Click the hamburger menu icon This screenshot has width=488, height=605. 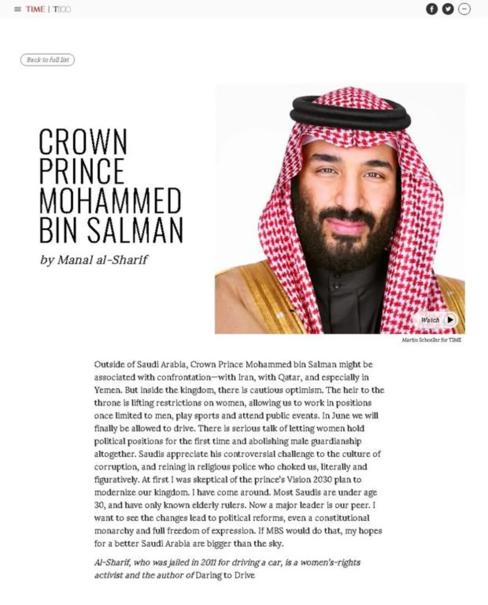(17, 9)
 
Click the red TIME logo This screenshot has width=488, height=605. (35, 9)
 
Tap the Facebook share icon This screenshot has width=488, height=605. (431, 9)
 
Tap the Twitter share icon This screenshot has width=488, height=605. (448, 9)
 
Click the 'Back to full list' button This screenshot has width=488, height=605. (48, 60)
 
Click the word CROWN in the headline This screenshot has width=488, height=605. (83, 141)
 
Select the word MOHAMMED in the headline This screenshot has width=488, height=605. (110, 200)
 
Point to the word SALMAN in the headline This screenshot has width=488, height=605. (135, 230)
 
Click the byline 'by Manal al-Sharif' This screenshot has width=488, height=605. (94, 260)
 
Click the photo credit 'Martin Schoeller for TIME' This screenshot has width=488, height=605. (431, 340)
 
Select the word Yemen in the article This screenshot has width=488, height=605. (107, 390)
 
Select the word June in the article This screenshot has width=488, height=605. (341, 416)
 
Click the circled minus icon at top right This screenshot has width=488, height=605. (464, 9)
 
